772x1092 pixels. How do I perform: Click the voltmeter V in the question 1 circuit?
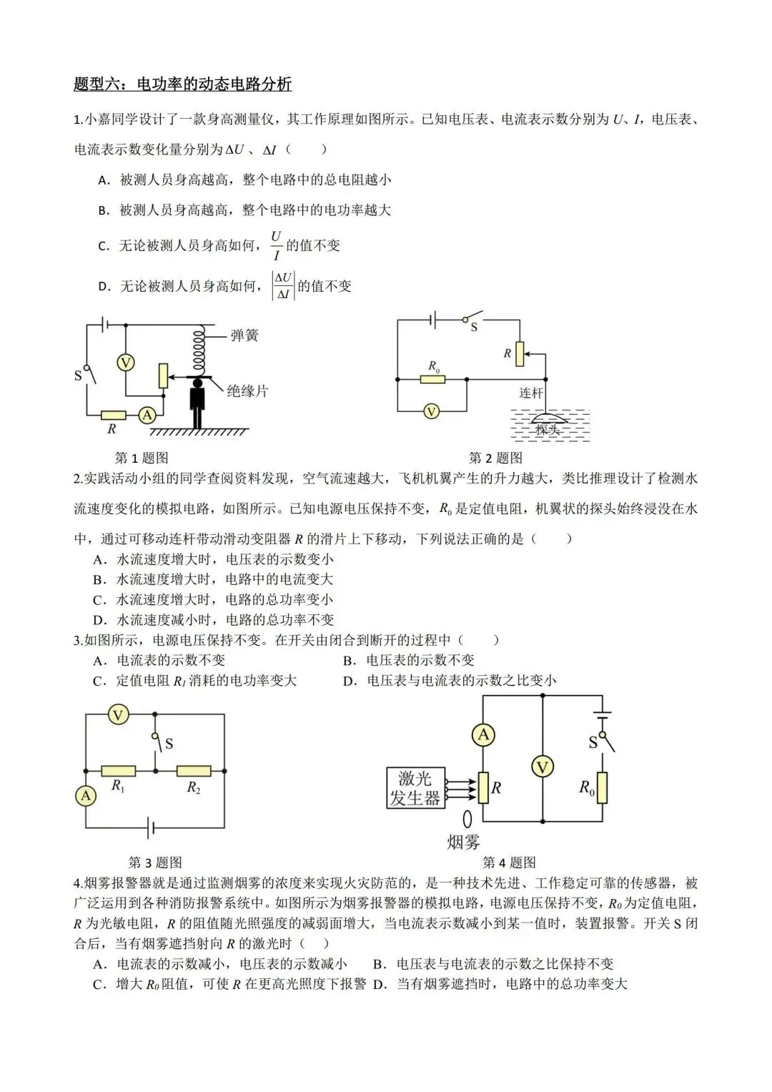pyautogui.click(x=126, y=363)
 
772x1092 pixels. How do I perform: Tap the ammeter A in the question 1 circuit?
pyautogui.click(x=147, y=415)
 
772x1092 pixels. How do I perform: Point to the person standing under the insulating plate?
pyautogui.click(x=197, y=403)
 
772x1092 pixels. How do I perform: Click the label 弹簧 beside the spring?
pyautogui.click(x=244, y=335)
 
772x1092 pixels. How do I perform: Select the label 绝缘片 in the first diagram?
pyautogui.click(x=247, y=390)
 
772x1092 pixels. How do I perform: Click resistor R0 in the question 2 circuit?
pyautogui.click(x=433, y=378)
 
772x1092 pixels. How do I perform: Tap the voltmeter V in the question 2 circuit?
pyautogui.click(x=431, y=411)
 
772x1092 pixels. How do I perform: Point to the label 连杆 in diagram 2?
pyautogui.click(x=531, y=393)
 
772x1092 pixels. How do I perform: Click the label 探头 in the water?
pyautogui.click(x=547, y=429)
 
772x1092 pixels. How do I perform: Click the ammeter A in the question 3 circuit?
pyautogui.click(x=86, y=795)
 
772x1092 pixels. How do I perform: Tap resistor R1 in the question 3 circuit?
pyautogui.click(x=119, y=771)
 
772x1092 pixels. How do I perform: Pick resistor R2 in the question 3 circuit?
pyautogui.click(x=194, y=771)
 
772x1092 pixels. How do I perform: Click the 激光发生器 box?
pyautogui.click(x=415, y=788)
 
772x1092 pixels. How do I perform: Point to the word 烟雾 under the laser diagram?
pyautogui.click(x=463, y=842)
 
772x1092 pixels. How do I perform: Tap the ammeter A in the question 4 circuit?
pyautogui.click(x=483, y=734)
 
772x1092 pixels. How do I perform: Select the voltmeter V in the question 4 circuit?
pyautogui.click(x=543, y=767)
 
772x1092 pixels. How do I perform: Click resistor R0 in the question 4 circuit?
pyautogui.click(x=602, y=787)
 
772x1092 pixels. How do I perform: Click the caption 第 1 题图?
pyautogui.click(x=142, y=458)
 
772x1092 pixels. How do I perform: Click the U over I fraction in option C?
pyautogui.click(x=276, y=245)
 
